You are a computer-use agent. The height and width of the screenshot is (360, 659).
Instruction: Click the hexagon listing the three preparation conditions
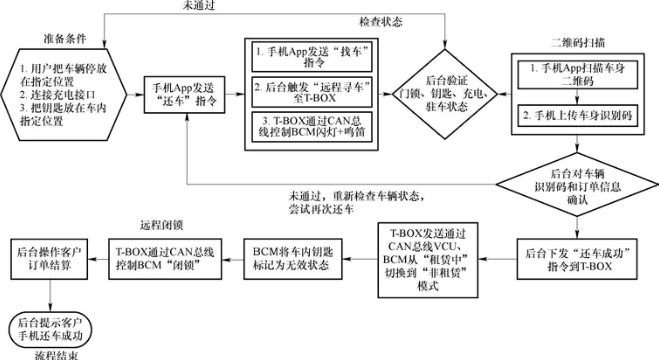point(64,94)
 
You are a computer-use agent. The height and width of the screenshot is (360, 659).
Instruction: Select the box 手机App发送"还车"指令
point(186,94)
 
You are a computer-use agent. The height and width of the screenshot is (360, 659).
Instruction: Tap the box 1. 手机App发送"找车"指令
point(312,57)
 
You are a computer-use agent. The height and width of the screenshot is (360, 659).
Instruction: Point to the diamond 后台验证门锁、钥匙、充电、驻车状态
point(445,94)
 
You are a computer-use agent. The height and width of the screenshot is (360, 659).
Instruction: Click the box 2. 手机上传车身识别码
point(577,116)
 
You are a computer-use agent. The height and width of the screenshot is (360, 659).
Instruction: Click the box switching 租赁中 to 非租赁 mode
point(428,260)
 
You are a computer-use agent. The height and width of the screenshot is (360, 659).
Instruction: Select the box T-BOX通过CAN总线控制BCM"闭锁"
point(165,259)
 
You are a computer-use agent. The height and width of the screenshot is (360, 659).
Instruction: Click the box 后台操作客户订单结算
point(50,259)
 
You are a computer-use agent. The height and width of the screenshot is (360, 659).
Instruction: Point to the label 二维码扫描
point(578,43)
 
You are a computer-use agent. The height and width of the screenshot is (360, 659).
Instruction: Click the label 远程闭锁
point(161,225)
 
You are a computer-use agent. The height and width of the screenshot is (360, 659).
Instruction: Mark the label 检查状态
point(380,22)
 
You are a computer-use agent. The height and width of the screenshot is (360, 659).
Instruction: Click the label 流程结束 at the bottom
point(57,355)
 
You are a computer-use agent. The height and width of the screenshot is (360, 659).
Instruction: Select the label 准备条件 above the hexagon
point(65,38)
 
